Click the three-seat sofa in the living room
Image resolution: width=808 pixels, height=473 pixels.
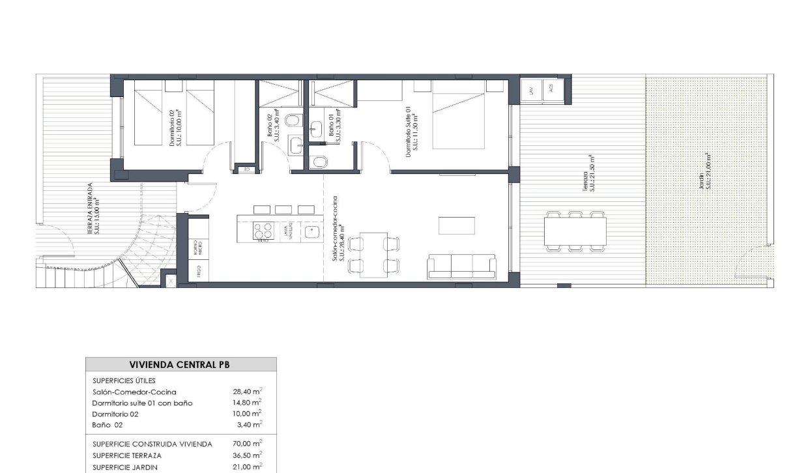[461, 266]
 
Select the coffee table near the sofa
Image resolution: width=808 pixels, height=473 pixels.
[456, 225]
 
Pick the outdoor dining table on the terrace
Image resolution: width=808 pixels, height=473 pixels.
[575, 231]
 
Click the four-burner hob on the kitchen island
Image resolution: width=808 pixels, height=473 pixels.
[263, 231]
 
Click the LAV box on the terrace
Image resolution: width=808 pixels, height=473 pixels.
[531, 90]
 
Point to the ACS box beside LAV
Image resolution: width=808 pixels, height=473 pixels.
[551, 90]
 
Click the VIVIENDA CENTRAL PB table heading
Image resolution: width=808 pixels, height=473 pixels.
[180, 364]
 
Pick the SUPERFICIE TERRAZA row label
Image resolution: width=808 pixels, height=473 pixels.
[127, 455]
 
